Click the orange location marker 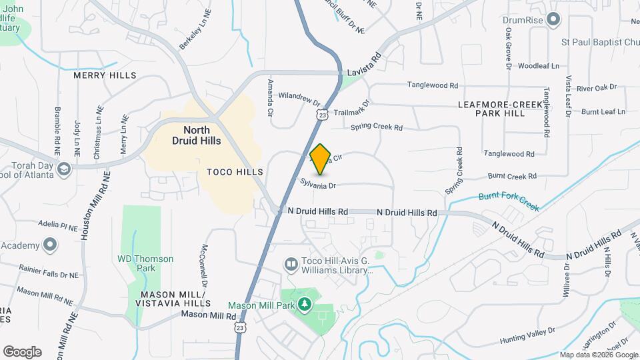click(321, 159)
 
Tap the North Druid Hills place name click(191, 135)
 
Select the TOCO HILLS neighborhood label click(235, 172)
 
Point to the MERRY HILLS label click(105, 76)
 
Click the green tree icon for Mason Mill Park click(305, 305)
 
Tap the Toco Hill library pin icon click(291, 265)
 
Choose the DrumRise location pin click(553, 19)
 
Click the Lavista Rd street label click(363, 63)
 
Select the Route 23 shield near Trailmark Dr click(322, 115)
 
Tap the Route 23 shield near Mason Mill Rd click(239, 327)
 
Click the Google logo click(22, 351)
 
